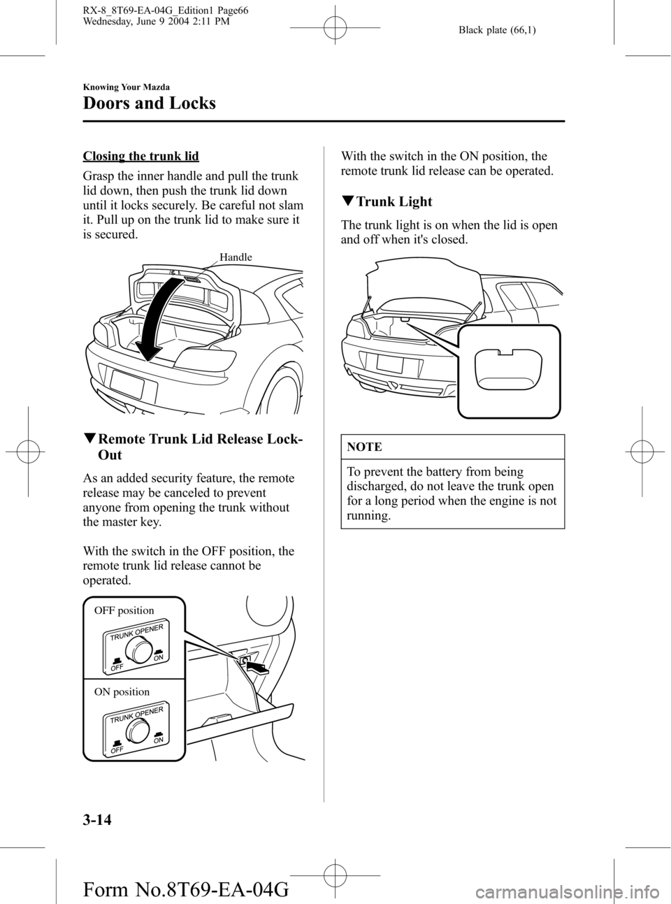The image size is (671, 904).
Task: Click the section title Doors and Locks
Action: tap(149, 103)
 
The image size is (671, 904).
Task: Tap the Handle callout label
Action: tap(236, 257)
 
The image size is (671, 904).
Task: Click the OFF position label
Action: tap(124, 610)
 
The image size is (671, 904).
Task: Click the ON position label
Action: tap(122, 691)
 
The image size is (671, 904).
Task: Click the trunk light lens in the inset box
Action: tap(511, 370)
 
